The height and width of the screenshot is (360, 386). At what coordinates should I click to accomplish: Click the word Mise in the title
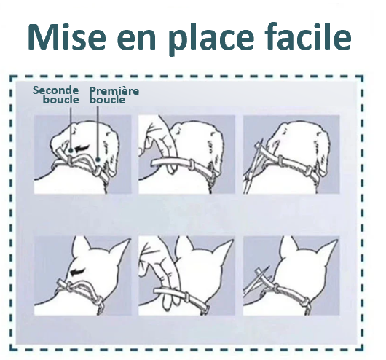coord(66,36)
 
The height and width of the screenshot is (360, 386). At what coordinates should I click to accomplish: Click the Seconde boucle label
coord(56,95)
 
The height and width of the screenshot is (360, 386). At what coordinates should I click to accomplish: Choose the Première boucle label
coord(114,95)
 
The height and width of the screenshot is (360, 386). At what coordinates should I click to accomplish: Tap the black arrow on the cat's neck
coord(79,272)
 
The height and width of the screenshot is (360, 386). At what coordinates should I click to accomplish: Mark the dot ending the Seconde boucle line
coord(71,150)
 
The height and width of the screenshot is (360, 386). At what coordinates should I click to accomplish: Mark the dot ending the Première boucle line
coord(98,160)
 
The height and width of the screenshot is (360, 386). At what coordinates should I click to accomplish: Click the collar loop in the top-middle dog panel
coord(192,165)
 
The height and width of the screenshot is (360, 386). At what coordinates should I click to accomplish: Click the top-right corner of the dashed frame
coord(363,77)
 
